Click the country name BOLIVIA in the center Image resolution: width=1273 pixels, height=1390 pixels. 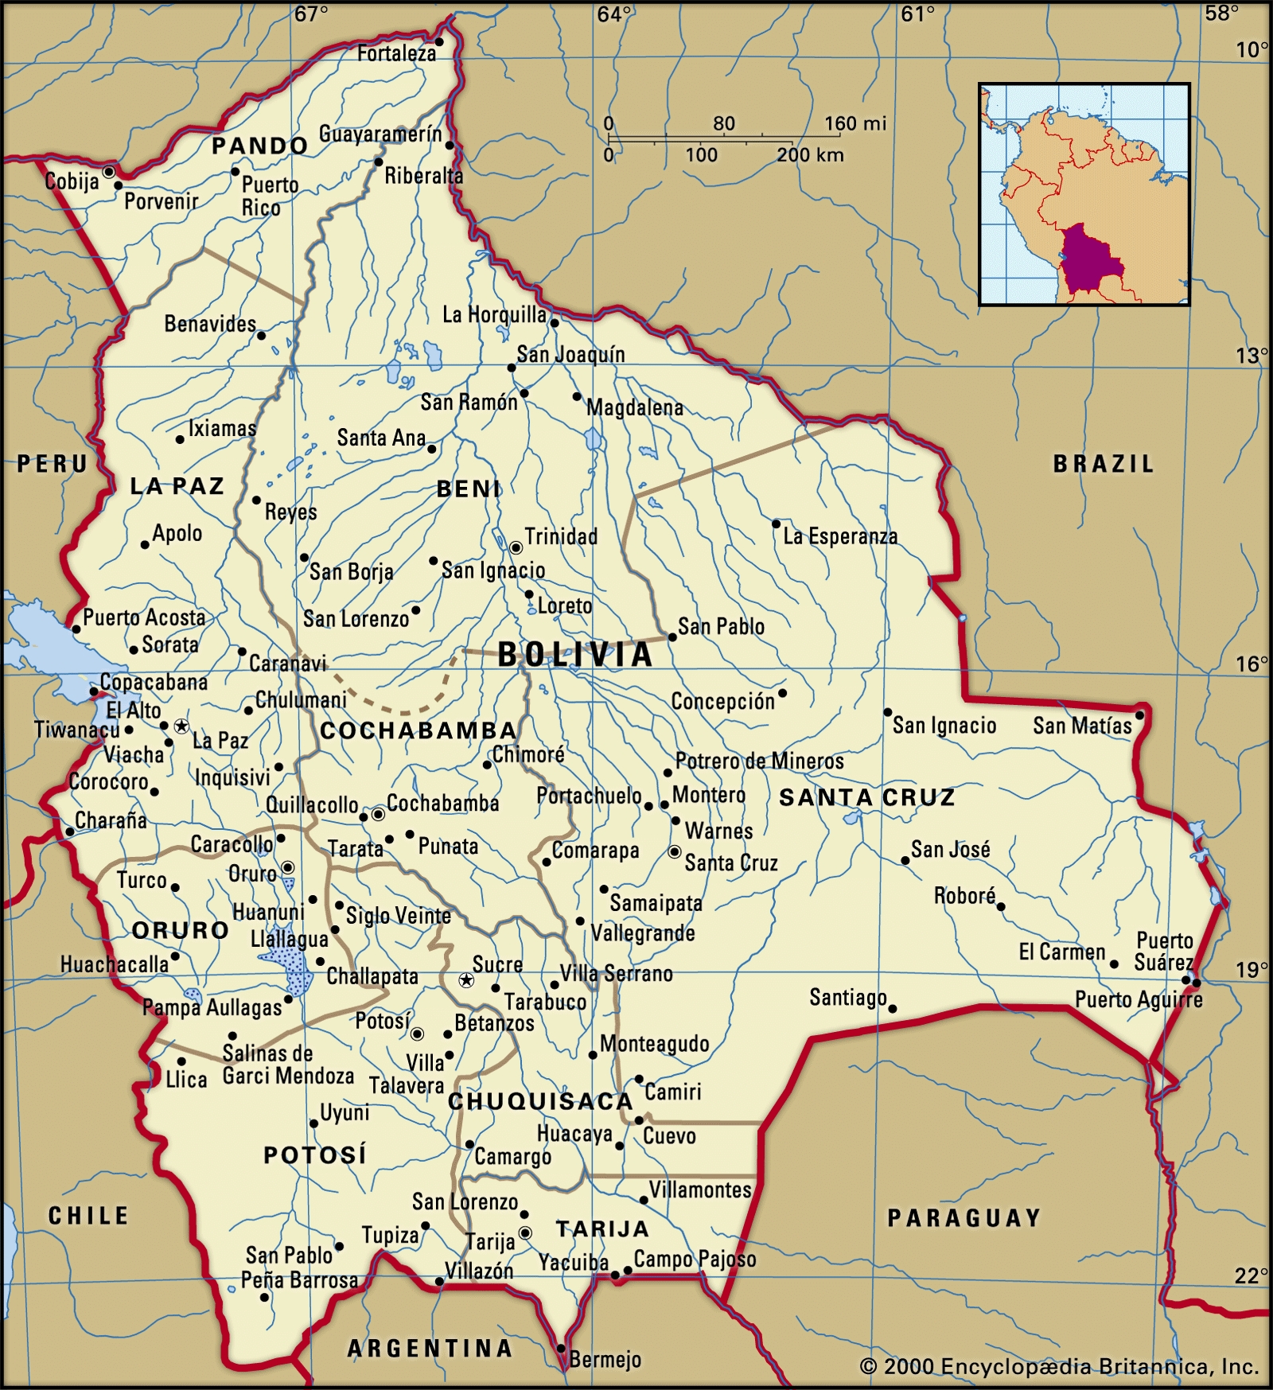[x=575, y=655]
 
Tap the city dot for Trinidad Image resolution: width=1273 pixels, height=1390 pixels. [x=516, y=547]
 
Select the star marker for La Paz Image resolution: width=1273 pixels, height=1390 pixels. [x=181, y=726]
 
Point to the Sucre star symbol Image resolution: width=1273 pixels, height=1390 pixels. [x=466, y=980]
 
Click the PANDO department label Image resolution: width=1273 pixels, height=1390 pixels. [x=259, y=146]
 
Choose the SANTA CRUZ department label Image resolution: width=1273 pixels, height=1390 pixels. [x=866, y=797]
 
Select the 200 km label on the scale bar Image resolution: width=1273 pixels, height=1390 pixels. [x=810, y=155]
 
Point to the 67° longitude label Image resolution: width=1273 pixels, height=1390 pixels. [x=310, y=14]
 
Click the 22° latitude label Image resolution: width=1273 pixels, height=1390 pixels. [x=1251, y=1275]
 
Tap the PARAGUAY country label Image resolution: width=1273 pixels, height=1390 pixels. [x=964, y=1218]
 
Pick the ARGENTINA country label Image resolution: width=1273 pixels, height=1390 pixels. [x=430, y=1348]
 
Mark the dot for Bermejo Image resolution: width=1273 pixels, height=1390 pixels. [x=561, y=1349]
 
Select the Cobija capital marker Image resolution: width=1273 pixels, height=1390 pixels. [x=109, y=171]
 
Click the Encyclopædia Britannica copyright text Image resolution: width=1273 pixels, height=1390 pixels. [x=1059, y=1367]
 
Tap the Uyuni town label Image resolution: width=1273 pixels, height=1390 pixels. [x=345, y=1112]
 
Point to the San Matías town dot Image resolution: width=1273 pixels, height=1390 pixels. [x=1139, y=715]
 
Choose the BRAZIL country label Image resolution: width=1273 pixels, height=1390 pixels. [x=1103, y=464]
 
